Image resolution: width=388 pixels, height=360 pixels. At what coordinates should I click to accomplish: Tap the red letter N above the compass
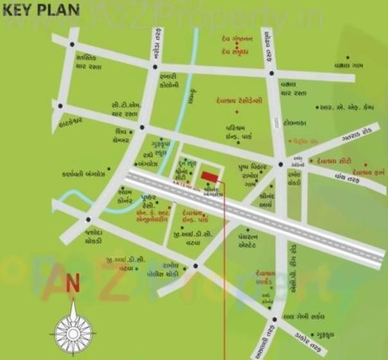click(x=72, y=283)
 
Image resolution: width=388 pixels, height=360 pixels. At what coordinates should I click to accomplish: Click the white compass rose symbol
click(x=73, y=328)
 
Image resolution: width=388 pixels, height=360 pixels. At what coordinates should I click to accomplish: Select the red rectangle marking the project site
click(x=209, y=176)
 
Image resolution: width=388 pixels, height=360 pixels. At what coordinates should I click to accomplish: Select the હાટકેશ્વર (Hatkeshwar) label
click(x=68, y=120)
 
